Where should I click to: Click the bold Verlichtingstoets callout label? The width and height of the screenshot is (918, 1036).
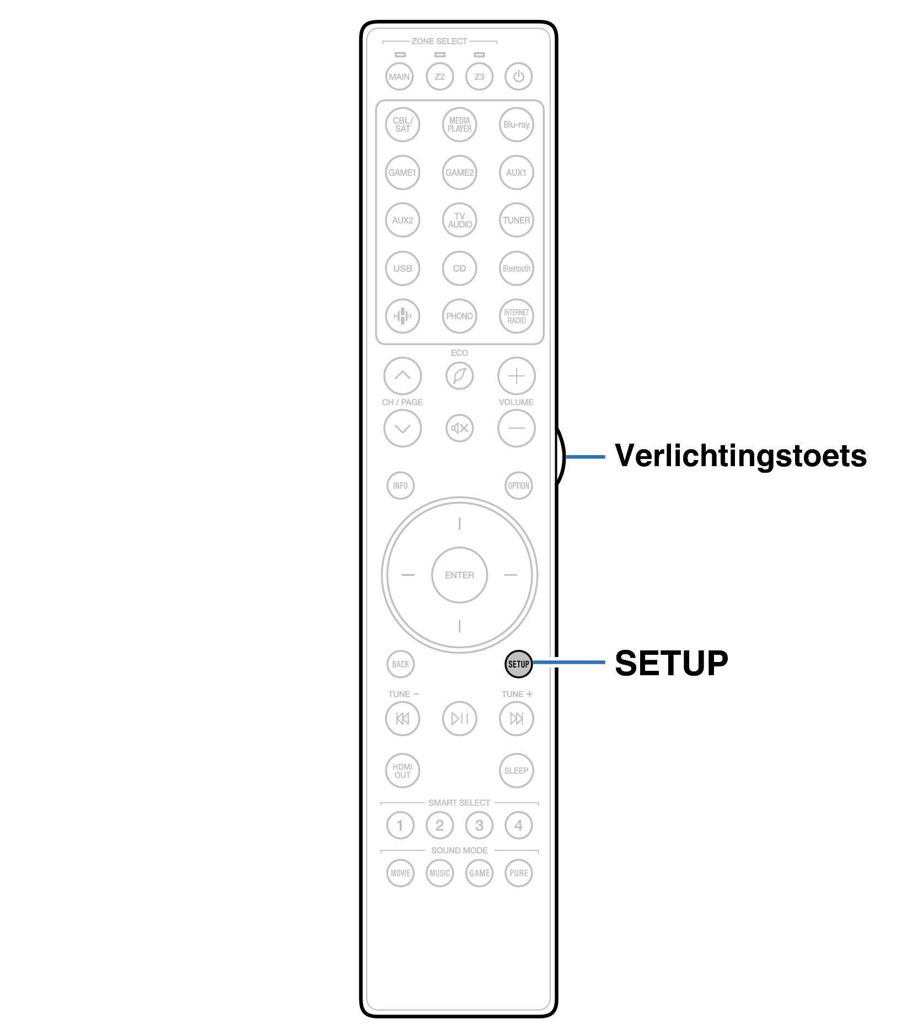pos(740,456)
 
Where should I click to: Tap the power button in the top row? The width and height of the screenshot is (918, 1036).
pos(518,77)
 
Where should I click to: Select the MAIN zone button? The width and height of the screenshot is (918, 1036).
pos(399,77)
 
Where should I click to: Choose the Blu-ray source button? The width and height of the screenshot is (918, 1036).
pos(516,125)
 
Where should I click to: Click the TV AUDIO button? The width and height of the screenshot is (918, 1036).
pos(459,220)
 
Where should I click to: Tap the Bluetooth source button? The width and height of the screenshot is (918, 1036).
pos(516,269)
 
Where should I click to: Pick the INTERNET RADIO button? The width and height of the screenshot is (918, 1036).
pos(516,316)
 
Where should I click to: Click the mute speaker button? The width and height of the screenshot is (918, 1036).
pos(459,428)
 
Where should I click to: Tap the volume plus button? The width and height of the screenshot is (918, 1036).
pos(516,376)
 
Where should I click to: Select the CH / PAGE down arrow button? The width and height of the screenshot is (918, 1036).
pos(402,428)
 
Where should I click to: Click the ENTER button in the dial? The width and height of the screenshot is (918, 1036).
pos(459,575)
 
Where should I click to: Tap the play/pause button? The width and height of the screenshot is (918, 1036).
pos(459,718)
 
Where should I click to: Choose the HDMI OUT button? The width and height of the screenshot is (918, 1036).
pos(402,771)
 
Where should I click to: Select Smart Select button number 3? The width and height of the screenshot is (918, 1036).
pos(479,825)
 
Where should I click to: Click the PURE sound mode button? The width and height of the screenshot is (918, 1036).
pos(518,873)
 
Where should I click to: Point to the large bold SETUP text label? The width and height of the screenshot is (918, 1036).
pos(671,663)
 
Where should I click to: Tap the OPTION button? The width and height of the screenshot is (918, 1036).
pos(518,485)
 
